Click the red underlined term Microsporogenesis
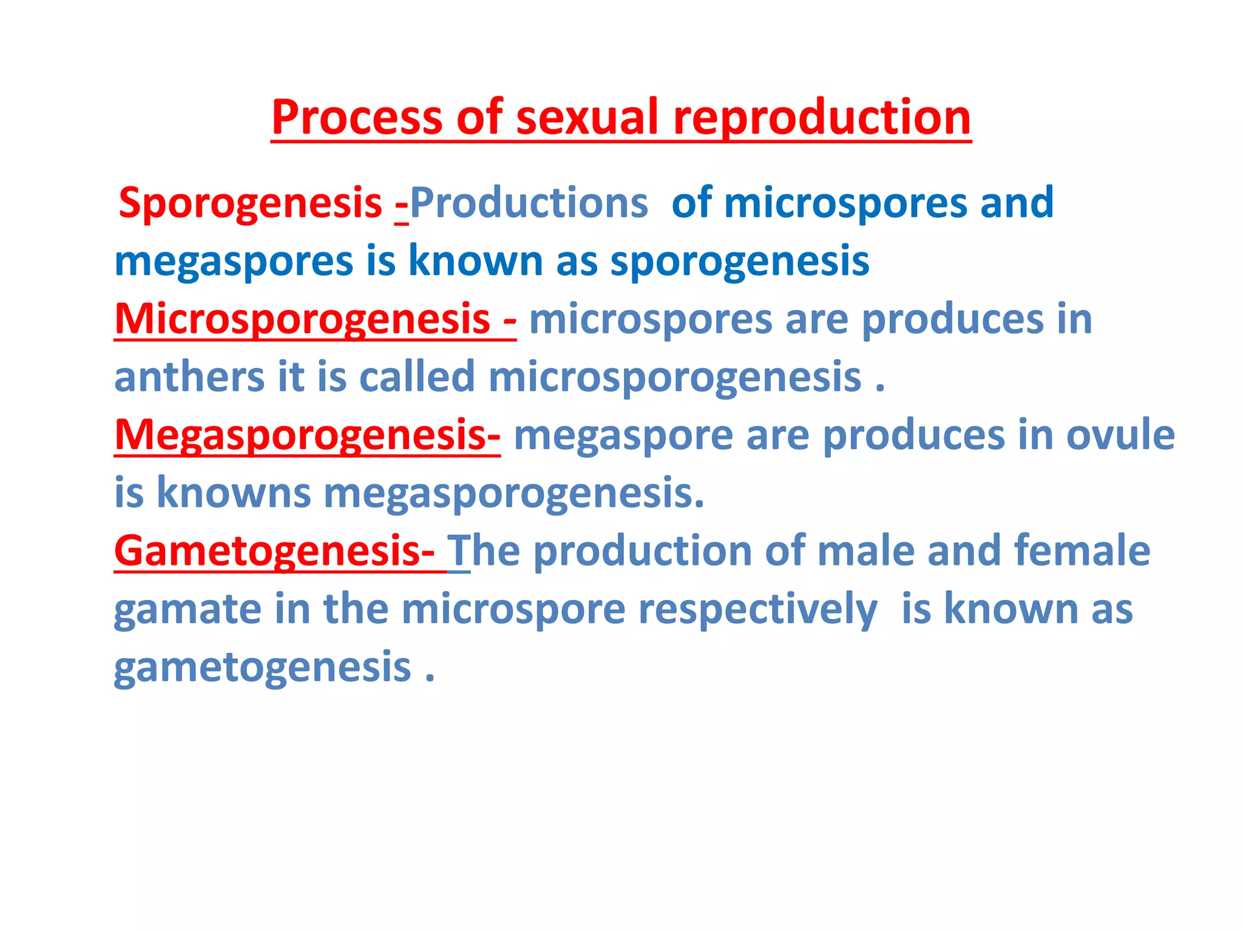(302, 319)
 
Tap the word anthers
(189, 377)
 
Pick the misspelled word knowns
(234, 493)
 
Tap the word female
(1082, 551)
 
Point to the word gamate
(188, 609)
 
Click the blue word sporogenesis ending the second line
(739, 262)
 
